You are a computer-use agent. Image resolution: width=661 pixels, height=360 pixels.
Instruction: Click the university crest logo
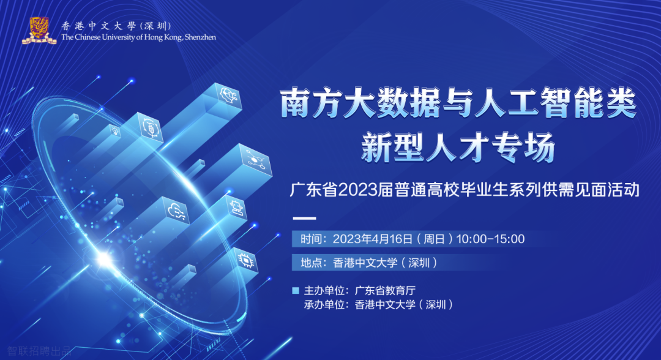click(x=39, y=31)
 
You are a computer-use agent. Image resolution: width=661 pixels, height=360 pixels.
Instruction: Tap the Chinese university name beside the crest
click(x=116, y=26)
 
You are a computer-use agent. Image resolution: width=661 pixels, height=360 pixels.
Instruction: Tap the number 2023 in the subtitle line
click(x=357, y=190)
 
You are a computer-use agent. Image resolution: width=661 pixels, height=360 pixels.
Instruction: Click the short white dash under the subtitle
click(x=304, y=219)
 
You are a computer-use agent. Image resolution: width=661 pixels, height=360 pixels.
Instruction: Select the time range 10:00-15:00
click(x=490, y=239)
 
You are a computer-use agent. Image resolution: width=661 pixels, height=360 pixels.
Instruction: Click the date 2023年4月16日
click(x=373, y=239)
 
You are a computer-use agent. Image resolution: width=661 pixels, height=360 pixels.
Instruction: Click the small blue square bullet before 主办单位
click(x=296, y=290)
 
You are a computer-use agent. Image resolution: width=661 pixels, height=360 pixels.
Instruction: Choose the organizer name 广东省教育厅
click(x=386, y=290)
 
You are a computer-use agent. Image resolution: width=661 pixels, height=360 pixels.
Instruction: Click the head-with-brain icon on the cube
click(x=228, y=96)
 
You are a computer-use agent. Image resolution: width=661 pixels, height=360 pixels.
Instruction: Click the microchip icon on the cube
click(x=247, y=261)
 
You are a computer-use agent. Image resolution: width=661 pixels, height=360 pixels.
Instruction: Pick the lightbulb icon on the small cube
click(x=114, y=130)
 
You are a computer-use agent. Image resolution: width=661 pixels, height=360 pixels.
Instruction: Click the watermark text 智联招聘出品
click(x=40, y=351)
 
